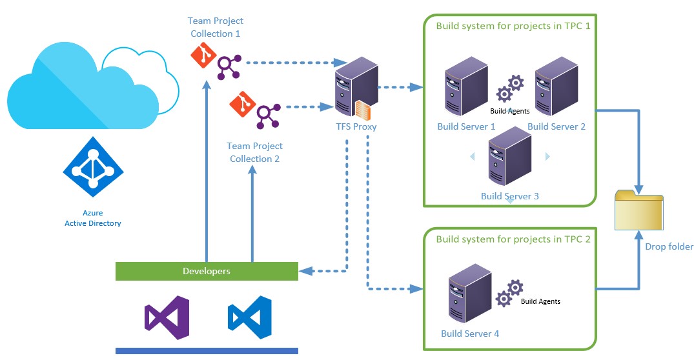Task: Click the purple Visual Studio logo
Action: pyautogui.click(x=167, y=318)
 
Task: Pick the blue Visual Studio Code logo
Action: pyautogui.click(x=249, y=318)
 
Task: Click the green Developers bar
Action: pyautogui.click(x=207, y=271)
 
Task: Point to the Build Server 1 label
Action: pyautogui.click(x=466, y=126)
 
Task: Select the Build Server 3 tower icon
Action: pyautogui.click(x=509, y=155)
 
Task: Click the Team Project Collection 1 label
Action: pyautogui.click(x=216, y=27)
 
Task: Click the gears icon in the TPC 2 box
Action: pyautogui.click(x=509, y=293)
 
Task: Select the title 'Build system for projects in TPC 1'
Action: pyautogui.click(x=513, y=26)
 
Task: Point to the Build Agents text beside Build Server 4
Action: pyautogui.click(x=540, y=301)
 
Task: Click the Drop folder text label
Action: pyautogui.click(x=669, y=246)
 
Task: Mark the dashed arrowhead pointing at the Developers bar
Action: pyautogui.click(x=305, y=271)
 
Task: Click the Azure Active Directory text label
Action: pyautogui.click(x=93, y=218)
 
